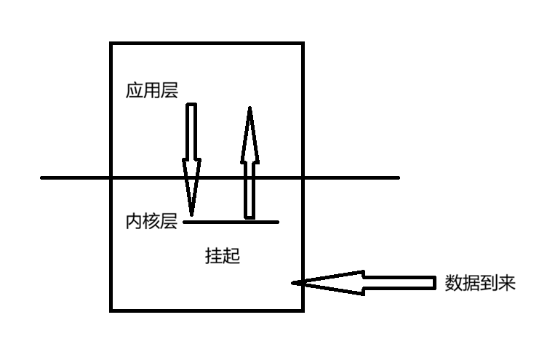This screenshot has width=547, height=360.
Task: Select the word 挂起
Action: (223, 256)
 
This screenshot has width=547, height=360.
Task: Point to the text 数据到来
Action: (480, 284)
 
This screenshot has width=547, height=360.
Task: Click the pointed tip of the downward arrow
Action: (191, 215)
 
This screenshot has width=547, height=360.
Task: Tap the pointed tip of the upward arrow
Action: (249, 108)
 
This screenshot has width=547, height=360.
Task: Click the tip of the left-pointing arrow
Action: (292, 283)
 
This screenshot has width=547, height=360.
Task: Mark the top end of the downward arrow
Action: (191, 105)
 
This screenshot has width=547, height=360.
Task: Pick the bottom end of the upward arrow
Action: (249, 217)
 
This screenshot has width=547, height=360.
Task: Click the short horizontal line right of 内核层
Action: (231, 222)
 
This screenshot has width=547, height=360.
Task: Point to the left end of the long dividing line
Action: (41, 177)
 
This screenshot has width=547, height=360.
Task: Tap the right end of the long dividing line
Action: (399, 177)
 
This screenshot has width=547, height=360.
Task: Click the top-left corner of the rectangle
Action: (111, 44)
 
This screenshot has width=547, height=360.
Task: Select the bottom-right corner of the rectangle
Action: (302, 310)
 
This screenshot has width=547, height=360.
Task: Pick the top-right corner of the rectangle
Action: (302, 44)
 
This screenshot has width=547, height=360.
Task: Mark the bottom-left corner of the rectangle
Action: (111, 310)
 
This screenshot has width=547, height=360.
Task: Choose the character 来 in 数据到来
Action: (507, 284)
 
